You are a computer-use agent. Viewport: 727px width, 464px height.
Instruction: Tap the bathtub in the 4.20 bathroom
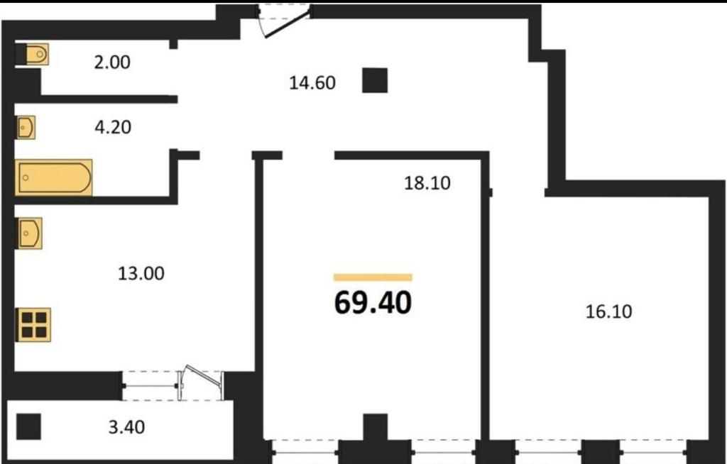54,177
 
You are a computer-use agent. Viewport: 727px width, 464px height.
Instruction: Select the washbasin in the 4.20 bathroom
26,128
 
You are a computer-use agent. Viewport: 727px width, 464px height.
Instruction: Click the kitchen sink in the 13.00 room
30,233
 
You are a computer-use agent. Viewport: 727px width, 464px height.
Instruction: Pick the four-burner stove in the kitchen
33,324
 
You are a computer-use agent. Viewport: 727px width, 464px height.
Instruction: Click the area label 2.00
112,62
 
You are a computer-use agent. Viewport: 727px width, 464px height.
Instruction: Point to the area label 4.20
113,126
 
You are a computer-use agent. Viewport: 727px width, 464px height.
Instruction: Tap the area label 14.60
312,83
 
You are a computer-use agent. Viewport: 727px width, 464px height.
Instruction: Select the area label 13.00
141,273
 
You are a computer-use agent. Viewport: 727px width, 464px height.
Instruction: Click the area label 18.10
427,183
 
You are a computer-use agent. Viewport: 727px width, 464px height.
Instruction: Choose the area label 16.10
608,311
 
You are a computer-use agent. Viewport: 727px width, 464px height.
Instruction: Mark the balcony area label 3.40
126,427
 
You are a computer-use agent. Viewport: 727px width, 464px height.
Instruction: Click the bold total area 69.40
373,303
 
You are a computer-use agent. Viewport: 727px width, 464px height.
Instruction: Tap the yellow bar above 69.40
373,277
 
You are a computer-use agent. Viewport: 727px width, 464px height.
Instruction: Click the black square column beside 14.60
375,80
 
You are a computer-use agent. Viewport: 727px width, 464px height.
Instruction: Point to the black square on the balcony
28,426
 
